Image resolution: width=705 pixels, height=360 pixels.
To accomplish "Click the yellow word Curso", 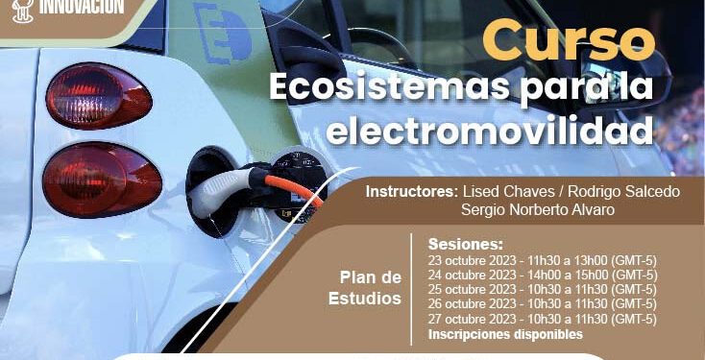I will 568,41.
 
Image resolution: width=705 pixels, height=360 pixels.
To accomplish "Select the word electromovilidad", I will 489,129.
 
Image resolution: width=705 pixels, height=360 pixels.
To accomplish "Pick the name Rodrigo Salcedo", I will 625,191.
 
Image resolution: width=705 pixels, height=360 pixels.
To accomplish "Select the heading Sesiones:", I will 466,244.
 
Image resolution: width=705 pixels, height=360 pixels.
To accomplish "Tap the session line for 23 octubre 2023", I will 542,259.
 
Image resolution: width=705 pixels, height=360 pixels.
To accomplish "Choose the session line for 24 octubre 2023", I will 542,275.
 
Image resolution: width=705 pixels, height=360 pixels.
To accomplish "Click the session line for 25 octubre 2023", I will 542,289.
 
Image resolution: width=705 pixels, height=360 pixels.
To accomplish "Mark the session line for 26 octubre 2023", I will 542,304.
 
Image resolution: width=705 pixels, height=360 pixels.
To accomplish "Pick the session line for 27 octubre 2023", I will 542,319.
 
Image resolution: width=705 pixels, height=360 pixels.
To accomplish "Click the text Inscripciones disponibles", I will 505,334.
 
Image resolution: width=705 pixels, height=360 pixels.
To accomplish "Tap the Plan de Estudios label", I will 370,287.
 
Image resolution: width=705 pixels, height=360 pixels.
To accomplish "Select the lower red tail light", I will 101,180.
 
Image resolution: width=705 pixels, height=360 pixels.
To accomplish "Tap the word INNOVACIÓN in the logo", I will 81,7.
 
